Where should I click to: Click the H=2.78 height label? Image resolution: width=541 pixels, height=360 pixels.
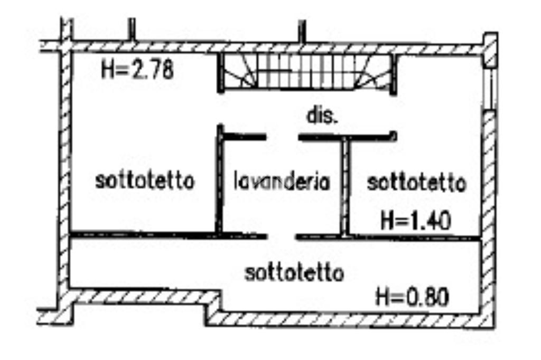[x=138, y=69]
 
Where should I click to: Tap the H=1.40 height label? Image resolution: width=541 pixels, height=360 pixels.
[x=416, y=220]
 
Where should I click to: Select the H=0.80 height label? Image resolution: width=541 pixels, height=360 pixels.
[x=412, y=297]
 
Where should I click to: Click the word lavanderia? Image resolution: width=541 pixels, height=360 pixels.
[x=282, y=182]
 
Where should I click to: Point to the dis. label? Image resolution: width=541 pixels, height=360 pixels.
[x=322, y=116]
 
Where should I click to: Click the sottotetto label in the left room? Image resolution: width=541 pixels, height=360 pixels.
[x=145, y=181]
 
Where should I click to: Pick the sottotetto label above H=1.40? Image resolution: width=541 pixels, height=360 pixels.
[x=417, y=183]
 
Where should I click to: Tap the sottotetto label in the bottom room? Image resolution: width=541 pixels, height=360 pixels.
[x=295, y=273]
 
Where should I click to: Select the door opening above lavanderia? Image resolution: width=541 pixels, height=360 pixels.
[x=282, y=137]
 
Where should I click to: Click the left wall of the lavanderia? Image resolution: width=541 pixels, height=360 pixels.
[x=219, y=182]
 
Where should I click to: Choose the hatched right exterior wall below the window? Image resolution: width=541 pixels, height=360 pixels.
[x=489, y=211]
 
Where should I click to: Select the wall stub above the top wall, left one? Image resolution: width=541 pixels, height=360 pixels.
[x=132, y=30]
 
